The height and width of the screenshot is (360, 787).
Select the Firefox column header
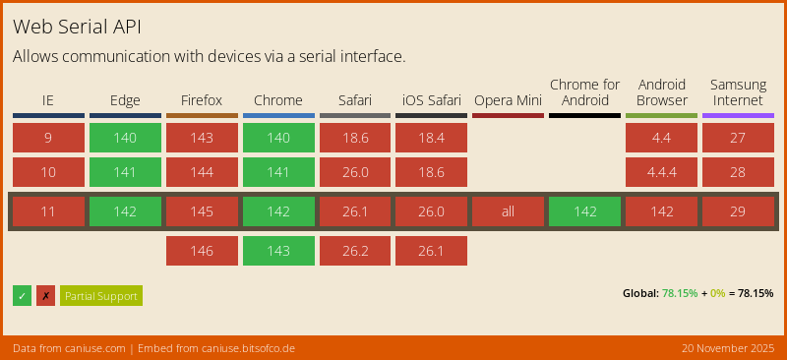(202, 100)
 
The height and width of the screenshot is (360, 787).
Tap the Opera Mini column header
(508, 100)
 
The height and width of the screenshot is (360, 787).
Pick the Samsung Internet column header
(738, 92)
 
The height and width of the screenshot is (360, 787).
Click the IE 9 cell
(48, 138)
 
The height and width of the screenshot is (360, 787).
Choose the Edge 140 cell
(125, 138)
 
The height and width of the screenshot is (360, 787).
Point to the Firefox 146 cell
(202, 251)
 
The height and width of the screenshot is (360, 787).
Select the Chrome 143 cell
(278, 251)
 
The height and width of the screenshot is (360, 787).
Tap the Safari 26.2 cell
(354, 251)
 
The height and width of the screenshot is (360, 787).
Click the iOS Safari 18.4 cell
(431, 138)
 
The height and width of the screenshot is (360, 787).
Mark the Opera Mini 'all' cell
(508, 211)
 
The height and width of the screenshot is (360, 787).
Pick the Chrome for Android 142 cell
(584, 211)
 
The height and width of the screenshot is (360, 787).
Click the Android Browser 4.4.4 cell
(661, 172)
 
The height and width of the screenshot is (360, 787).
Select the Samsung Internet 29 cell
(738, 211)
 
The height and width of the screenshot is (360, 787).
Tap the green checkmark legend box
(22, 296)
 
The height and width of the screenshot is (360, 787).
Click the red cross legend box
(45, 296)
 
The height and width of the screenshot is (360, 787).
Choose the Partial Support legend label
(101, 296)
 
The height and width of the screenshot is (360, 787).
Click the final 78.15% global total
(755, 293)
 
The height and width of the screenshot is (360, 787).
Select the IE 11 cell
(48, 211)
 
